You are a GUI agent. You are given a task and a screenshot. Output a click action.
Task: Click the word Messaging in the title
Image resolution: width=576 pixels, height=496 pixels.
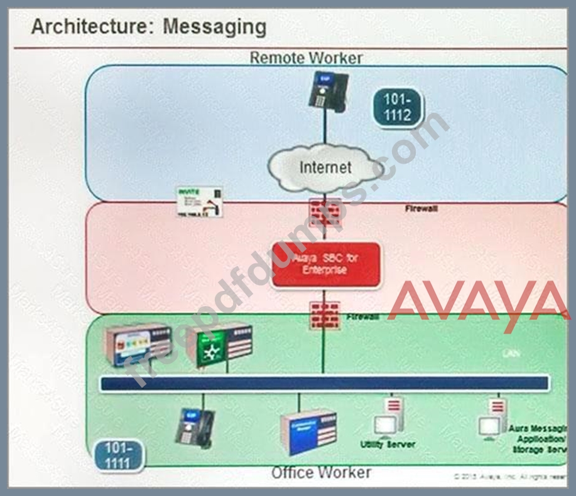pos(215,27)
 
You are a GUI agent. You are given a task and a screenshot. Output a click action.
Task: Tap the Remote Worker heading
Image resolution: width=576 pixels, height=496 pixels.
pos(306,58)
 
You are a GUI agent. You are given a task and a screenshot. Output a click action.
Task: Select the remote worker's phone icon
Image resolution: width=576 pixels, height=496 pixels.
pos(326,92)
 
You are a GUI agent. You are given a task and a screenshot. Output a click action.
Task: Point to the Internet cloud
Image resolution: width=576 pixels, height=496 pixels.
pos(325,167)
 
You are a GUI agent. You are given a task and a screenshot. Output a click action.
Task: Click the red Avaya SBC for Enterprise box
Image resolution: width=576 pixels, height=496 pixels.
pos(326,265)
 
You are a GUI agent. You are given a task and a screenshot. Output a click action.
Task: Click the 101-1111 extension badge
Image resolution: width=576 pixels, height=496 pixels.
pos(117,455)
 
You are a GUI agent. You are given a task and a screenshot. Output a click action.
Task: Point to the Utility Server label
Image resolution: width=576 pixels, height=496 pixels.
pos(387,444)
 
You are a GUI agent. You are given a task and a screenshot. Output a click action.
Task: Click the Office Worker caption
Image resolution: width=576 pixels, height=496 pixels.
pos(321,472)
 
